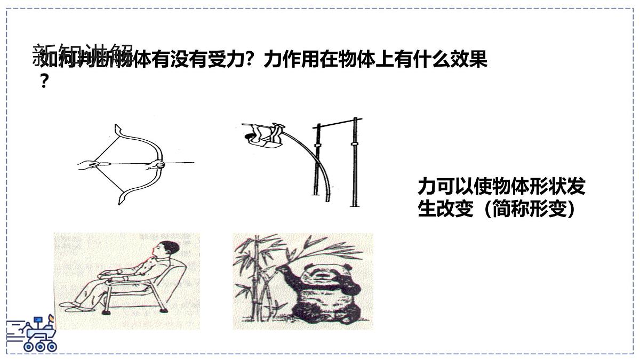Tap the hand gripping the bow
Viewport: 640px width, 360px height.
tap(156, 164)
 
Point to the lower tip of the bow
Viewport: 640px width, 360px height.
tap(121, 202)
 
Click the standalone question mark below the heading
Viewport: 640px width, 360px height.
tap(45, 81)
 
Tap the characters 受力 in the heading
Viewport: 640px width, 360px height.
tap(221, 60)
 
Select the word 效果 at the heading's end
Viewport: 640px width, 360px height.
tap(469, 60)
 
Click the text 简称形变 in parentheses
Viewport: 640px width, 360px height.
tap(527, 209)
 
